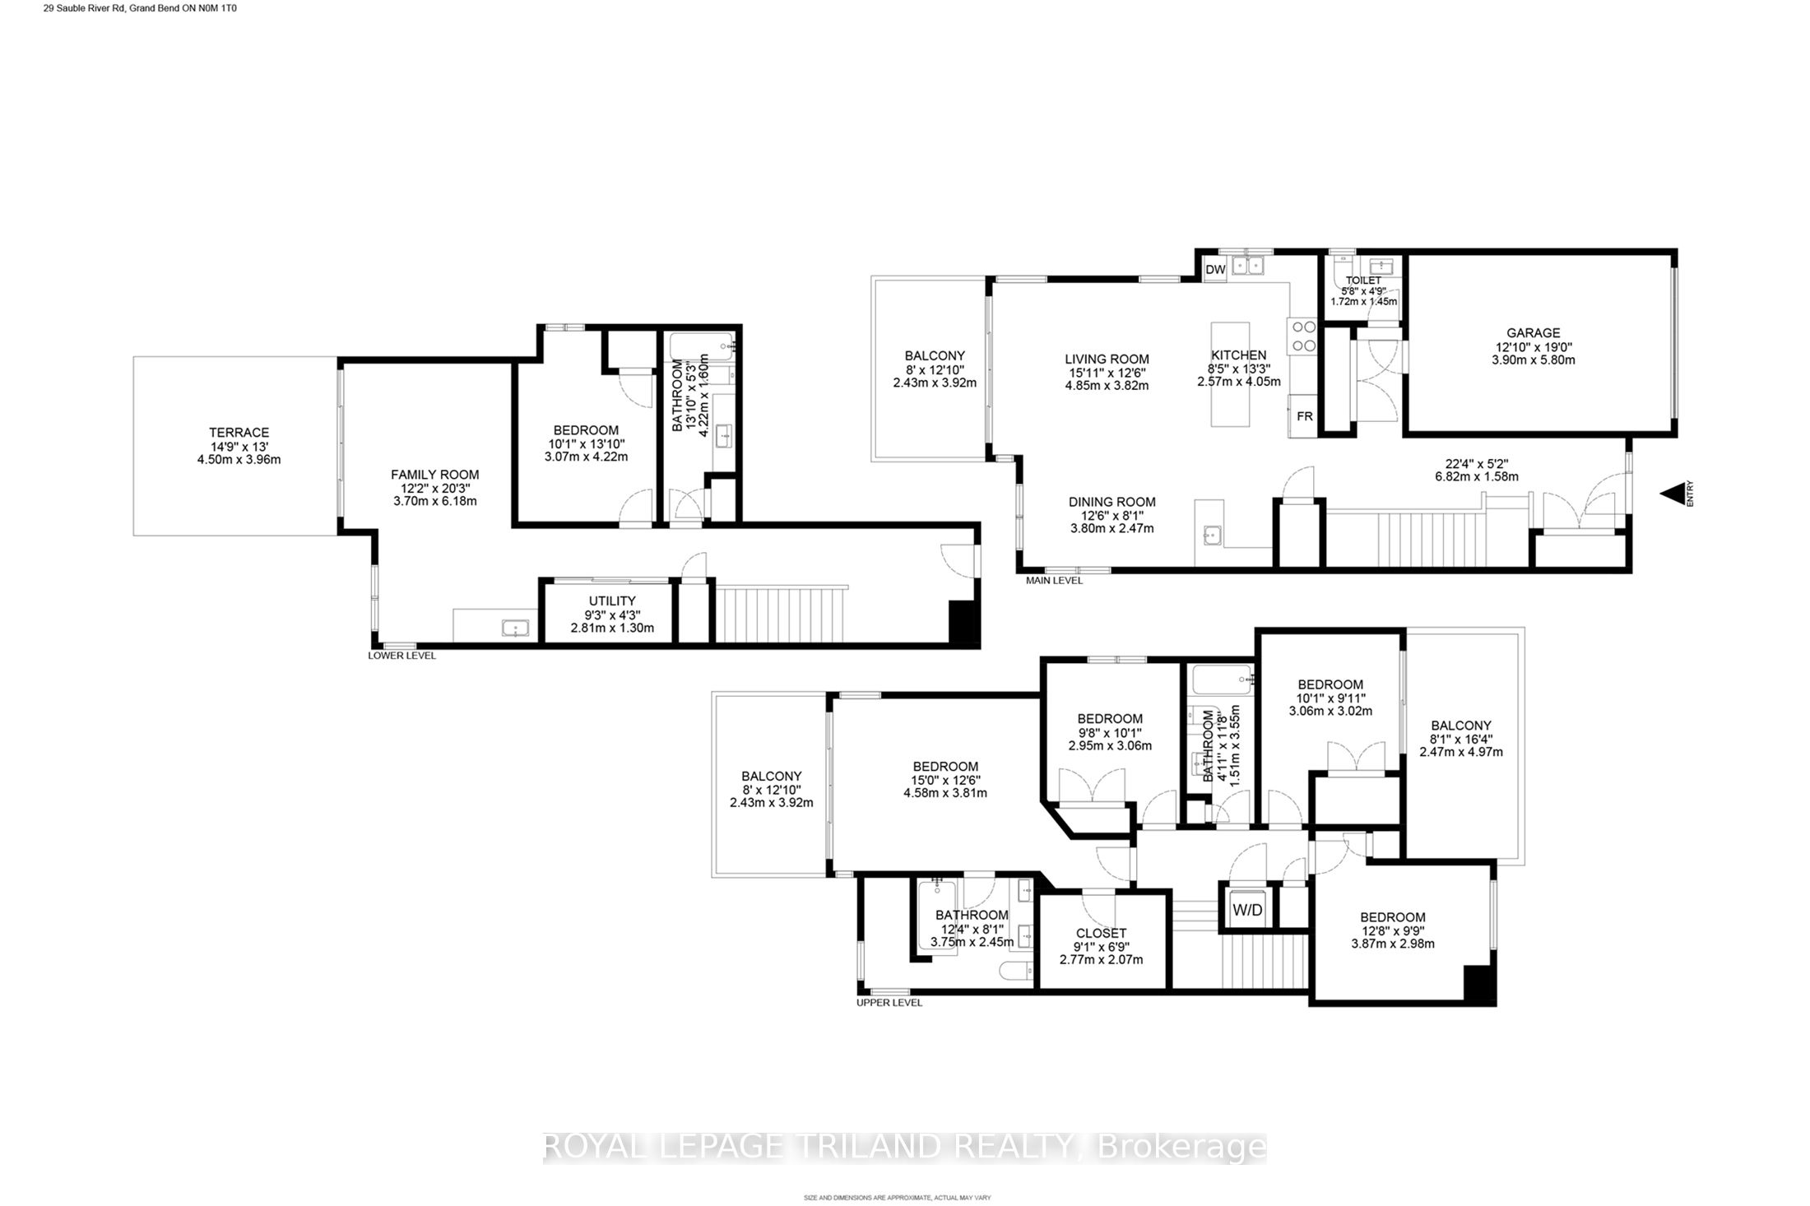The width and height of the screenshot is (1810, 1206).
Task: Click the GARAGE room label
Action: pyautogui.click(x=1533, y=333)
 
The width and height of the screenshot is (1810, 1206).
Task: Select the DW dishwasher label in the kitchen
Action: pyautogui.click(x=1215, y=269)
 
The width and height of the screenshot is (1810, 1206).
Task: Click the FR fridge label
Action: pyautogui.click(x=1305, y=416)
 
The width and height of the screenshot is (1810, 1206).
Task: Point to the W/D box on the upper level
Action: pyautogui.click(x=1247, y=910)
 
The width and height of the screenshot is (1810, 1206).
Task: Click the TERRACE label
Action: pyautogui.click(x=239, y=433)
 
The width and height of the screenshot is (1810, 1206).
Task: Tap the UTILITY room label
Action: pyautogui.click(x=611, y=601)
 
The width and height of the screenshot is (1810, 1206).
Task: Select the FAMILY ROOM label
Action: pyautogui.click(x=434, y=475)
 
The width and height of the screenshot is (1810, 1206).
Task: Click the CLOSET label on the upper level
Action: pyautogui.click(x=1101, y=933)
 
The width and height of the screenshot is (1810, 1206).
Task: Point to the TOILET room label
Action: pyautogui.click(x=1363, y=281)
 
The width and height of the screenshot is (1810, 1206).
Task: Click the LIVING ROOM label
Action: pyautogui.click(x=1107, y=359)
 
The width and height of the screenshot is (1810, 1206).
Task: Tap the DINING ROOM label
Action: pyautogui.click(x=1112, y=502)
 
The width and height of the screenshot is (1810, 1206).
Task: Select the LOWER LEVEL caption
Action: pyautogui.click(x=401, y=656)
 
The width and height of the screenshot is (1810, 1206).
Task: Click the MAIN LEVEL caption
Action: pyautogui.click(x=1054, y=580)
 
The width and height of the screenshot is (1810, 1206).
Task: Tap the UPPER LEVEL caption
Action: pyautogui.click(x=889, y=1003)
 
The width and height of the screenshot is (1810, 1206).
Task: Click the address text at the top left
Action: pyautogui.click(x=134, y=8)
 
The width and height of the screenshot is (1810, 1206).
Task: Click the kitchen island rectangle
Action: pyautogui.click(x=1230, y=374)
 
